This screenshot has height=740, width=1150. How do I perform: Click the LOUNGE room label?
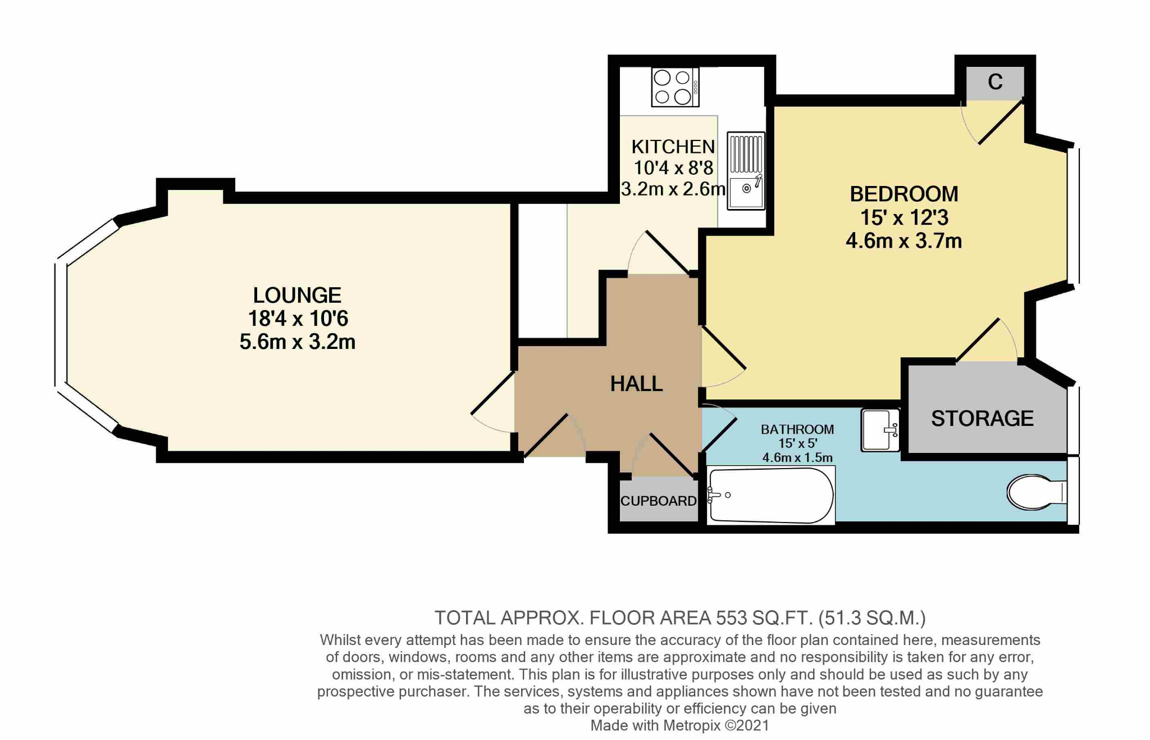(297, 295)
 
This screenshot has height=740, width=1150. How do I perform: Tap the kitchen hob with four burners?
(676, 87)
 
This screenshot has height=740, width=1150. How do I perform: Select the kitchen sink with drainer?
(746, 171)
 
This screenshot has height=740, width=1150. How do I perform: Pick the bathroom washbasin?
(880, 430)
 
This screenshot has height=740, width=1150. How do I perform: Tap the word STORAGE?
(982, 418)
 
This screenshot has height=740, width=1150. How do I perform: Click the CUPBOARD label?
(658, 501)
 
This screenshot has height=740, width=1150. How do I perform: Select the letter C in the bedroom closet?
(995, 82)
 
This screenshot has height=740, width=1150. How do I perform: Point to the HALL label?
(636, 384)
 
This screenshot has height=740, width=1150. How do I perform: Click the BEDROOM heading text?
(903, 194)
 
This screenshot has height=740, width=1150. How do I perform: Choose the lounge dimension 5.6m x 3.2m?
(297, 342)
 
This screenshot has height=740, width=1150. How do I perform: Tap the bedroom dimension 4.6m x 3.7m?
(903, 241)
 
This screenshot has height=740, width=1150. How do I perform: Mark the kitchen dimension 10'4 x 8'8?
(673, 167)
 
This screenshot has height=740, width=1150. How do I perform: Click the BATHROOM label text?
(797, 429)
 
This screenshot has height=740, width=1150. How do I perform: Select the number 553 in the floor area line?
(731, 618)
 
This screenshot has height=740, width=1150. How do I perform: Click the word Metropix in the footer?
(691, 725)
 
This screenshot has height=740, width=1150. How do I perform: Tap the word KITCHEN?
(673, 147)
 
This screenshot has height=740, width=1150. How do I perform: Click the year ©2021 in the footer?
(747, 725)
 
